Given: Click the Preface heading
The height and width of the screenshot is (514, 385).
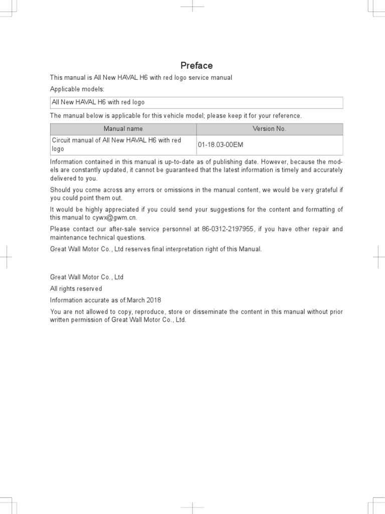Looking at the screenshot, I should click(x=197, y=66).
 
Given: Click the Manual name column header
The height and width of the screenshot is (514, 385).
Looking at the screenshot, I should click(x=123, y=129).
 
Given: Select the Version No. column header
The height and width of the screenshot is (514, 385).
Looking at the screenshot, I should click(x=269, y=129).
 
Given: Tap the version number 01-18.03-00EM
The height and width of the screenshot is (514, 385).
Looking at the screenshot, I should click(x=221, y=145).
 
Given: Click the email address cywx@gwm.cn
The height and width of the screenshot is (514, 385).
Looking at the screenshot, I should click(x=114, y=218).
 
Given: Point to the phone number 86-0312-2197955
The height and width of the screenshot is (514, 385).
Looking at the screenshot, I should click(x=228, y=229).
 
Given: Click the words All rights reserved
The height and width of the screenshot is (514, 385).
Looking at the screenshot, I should click(x=76, y=289).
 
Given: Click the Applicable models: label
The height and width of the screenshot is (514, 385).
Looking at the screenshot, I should click(x=77, y=89).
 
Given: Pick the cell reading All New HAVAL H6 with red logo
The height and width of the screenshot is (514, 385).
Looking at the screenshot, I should click(x=98, y=102).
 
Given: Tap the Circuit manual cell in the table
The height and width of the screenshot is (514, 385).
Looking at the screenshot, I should click(x=116, y=145).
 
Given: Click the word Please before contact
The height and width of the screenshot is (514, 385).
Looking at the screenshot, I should click(x=61, y=229).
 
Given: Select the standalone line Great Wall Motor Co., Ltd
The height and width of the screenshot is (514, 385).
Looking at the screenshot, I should click(x=87, y=277).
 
